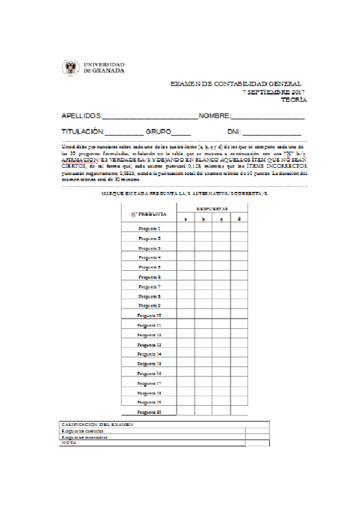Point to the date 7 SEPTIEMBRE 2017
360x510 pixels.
274,92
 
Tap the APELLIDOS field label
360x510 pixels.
82,115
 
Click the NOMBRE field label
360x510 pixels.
215,115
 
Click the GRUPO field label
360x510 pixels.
158,131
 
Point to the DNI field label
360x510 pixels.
233,131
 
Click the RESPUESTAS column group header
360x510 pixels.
212,209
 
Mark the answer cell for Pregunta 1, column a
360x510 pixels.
185,229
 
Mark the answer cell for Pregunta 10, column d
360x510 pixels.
239,315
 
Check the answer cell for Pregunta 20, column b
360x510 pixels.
203,412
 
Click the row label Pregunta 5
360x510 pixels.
149,267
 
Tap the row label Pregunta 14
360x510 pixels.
149,354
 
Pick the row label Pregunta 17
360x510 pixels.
149,383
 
